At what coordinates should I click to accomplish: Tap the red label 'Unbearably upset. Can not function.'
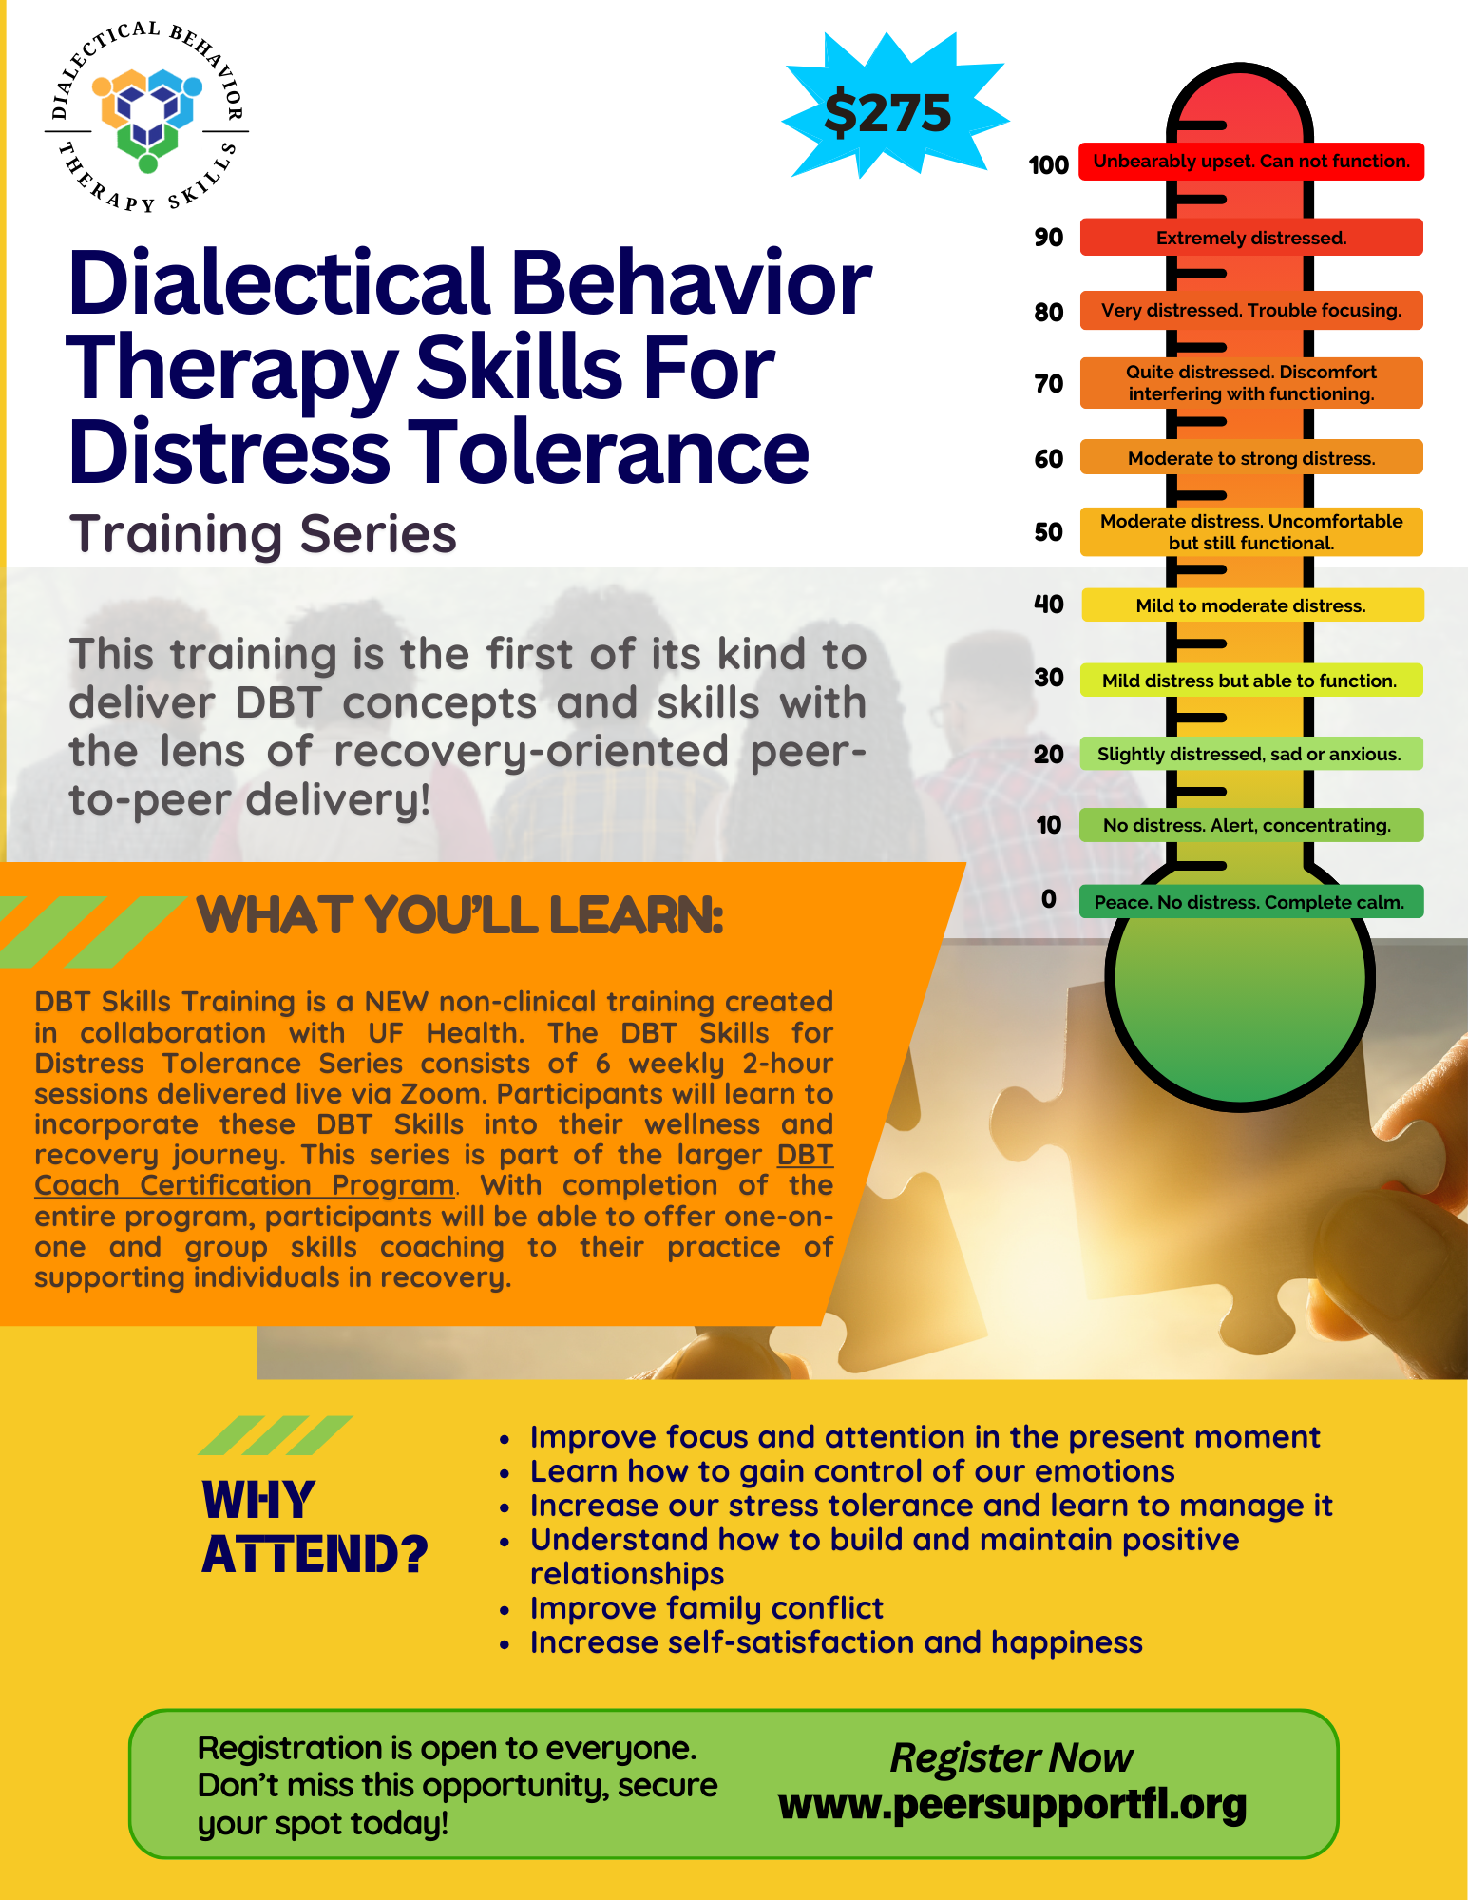click(x=1250, y=162)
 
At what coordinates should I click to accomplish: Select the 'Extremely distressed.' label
click(x=1250, y=238)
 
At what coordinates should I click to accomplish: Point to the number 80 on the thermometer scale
click(x=1048, y=312)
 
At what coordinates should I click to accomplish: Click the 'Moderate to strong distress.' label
click(x=1250, y=458)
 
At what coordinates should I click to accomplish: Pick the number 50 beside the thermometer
click(x=1048, y=532)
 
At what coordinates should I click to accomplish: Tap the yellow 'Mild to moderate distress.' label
click(x=1250, y=605)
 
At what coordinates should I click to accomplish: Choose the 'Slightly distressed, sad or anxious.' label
click(x=1249, y=754)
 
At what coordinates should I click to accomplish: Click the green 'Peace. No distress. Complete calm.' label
click(x=1249, y=902)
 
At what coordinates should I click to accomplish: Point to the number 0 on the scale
click(x=1048, y=899)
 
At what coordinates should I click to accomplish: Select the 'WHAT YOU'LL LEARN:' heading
click(x=460, y=915)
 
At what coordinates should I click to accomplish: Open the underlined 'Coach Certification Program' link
click(x=244, y=1185)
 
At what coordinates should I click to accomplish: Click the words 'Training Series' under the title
click(x=262, y=533)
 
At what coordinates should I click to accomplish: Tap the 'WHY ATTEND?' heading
click(x=314, y=1526)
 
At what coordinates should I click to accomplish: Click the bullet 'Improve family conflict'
click(x=706, y=1608)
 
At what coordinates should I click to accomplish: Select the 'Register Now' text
click(x=1011, y=1757)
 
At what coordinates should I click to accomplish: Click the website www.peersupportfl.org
click(x=1012, y=1804)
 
